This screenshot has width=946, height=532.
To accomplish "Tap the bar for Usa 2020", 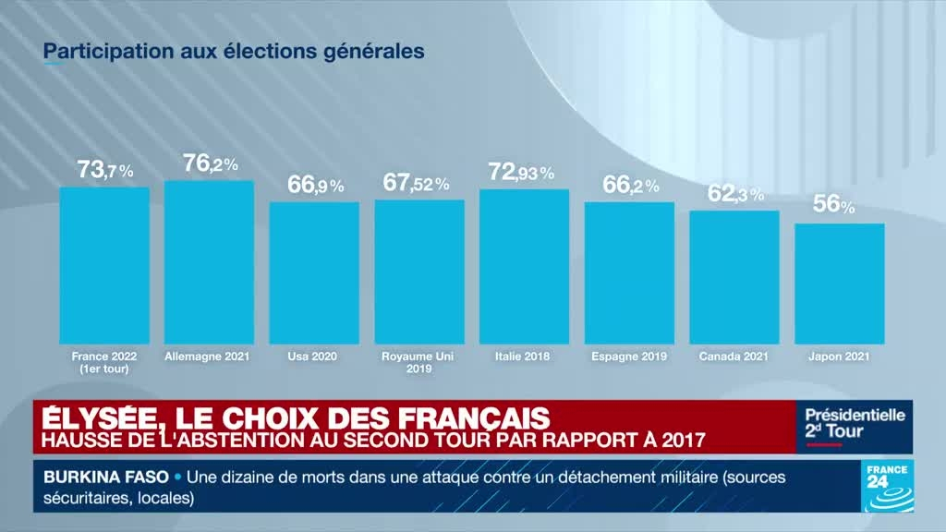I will pyautogui.click(x=314, y=273).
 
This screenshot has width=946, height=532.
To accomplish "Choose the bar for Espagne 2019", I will pyautogui.click(x=629, y=273).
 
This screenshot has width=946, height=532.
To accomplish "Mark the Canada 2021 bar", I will pyautogui.click(x=734, y=278).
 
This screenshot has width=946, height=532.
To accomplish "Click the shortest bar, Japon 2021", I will pyautogui.click(x=839, y=284).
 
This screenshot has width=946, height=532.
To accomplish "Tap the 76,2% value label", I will pyautogui.click(x=211, y=164).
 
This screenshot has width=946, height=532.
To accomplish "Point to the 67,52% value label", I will pyautogui.click(x=416, y=183).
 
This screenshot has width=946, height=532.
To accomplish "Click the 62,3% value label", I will pyautogui.click(x=735, y=194).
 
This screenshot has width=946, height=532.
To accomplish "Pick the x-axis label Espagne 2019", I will pyautogui.click(x=629, y=356).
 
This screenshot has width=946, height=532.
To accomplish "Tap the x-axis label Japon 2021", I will pyautogui.click(x=839, y=356).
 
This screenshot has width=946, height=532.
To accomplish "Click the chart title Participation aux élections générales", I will pyautogui.click(x=235, y=51).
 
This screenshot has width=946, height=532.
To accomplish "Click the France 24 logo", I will pyautogui.click(x=886, y=487).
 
